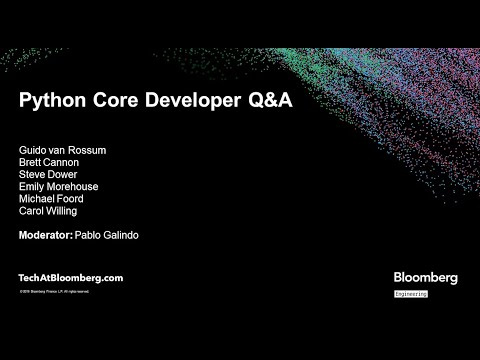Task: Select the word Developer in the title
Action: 194,102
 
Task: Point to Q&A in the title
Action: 270,102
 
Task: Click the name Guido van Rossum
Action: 62,150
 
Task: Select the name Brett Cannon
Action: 50,162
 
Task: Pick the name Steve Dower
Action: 48,174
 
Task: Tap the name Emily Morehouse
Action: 58,186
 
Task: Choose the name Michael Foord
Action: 51,198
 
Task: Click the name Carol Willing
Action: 47,210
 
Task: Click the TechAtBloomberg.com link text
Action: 70,277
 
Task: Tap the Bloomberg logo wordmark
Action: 425,277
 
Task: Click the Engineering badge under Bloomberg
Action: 410,294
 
